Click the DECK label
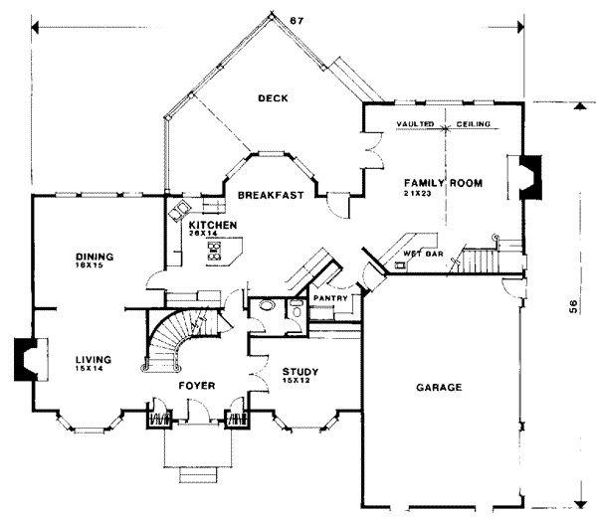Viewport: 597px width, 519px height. [x=272, y=98]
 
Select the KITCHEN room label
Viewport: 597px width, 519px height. [x=212, y=227]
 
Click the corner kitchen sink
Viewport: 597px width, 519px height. [x=181, y=210]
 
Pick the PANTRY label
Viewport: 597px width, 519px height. [x=328, y=297]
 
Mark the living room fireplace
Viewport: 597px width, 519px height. [x=25, y=360]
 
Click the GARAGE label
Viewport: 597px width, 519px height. [x=438, y=387]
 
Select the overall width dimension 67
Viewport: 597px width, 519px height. [x=296, y=21]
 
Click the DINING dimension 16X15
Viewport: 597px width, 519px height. [x=91, y=265]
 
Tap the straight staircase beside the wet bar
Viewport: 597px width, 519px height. [x=476, y=259]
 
